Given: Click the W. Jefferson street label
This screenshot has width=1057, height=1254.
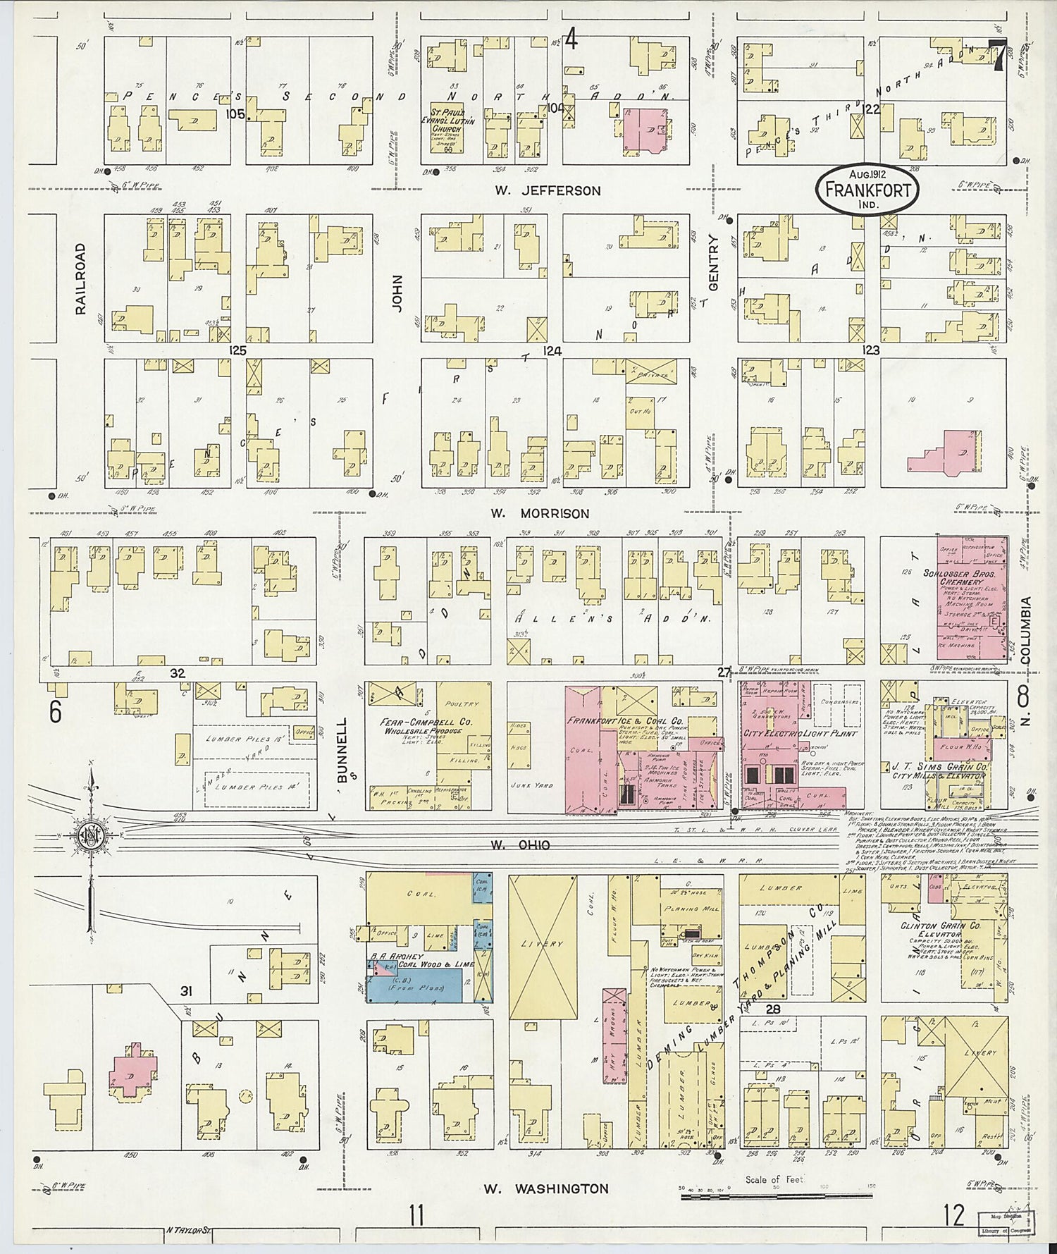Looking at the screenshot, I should pos(548,190).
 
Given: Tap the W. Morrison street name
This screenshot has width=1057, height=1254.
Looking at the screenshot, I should pos(540,513).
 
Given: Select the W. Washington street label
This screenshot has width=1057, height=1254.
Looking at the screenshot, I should pos(546,1188).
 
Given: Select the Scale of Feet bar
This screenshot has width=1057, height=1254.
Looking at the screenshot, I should pos(775,1195).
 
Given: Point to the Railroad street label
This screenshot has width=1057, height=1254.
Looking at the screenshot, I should pos(80,278).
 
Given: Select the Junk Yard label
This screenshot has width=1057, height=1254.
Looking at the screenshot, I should pos(533,785).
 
